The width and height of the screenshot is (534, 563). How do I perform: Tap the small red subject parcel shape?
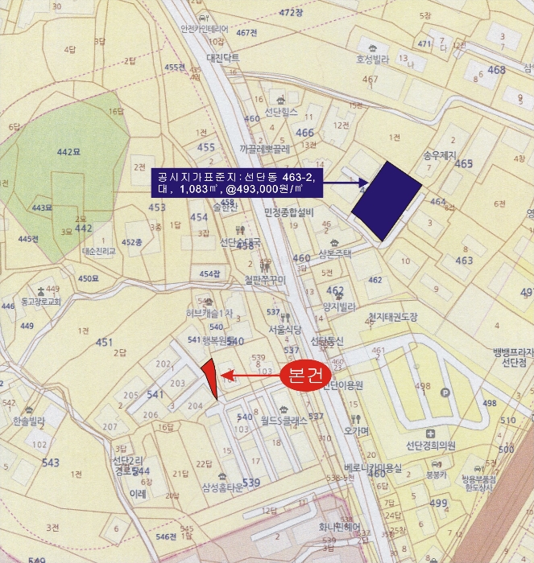(209, 376)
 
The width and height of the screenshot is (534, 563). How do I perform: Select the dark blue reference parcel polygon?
(387, 199)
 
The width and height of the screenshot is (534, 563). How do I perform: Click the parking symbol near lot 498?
(445, 392)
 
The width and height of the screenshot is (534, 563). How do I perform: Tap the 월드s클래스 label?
(284, 419)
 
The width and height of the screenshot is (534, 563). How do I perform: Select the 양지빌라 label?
(339, 306)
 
